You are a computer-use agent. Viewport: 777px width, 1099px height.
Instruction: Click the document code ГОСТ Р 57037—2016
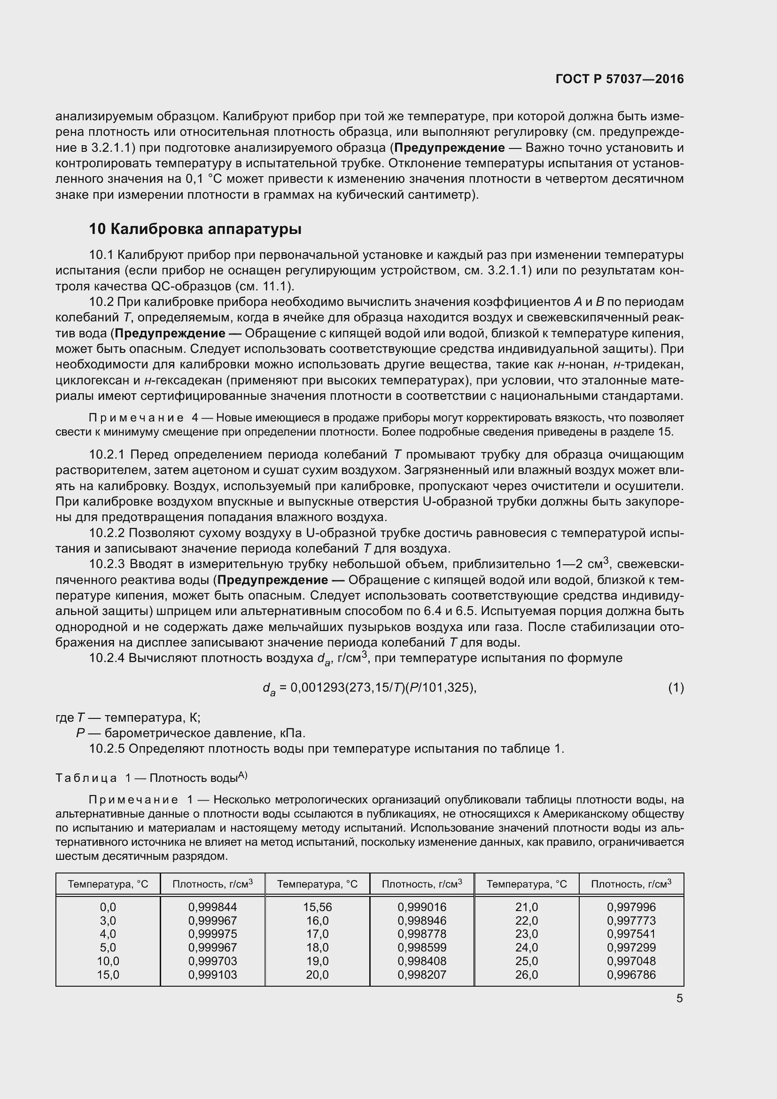point(620,79)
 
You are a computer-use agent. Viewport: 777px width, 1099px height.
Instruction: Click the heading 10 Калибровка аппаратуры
point(195,229)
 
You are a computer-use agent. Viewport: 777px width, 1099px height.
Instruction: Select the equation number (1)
point(676,688)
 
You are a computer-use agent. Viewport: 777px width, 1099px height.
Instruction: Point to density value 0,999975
point(212,934)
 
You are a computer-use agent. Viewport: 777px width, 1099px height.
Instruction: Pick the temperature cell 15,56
point(317,907)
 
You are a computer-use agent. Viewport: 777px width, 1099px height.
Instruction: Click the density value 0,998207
point(422,974)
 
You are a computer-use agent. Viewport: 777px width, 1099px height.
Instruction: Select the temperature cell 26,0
point(526,974)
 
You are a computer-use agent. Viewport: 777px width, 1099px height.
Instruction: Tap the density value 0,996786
point(631,974)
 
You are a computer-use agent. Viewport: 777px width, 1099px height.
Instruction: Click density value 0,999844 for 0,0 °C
point(212,907)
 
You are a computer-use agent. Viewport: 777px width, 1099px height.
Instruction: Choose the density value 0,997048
point(631,961)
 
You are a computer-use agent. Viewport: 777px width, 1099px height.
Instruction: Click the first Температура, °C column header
point(108,884)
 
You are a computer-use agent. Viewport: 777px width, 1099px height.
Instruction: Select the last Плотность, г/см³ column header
point(631,884)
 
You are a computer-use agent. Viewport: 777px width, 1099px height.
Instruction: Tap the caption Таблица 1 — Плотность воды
point(151,778)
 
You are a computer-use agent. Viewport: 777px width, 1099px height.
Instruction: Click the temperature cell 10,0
point(108,961)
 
